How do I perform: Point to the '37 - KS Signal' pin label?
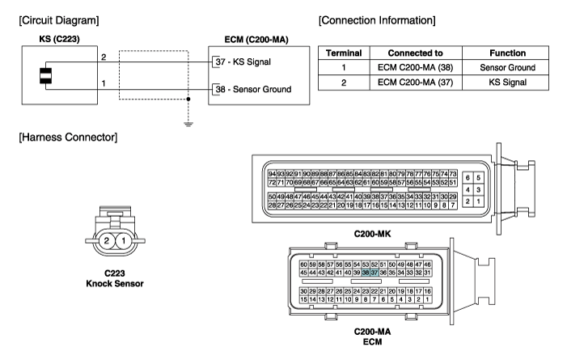252,62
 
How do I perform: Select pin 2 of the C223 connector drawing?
105,241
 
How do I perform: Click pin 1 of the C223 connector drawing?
123,241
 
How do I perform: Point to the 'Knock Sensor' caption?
114,283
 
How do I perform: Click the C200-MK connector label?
373,233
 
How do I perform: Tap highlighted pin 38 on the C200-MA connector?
366,273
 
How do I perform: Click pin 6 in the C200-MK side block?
468,177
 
